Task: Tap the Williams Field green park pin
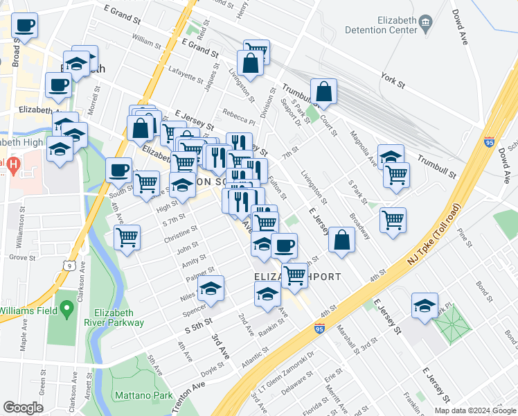click(x=66, y=306)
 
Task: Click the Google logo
click(x=23, y=408)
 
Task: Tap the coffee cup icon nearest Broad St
click(x=24, y=26)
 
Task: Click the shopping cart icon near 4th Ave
click(x=127, y=237)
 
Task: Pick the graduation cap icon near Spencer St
click(x=212, y=288)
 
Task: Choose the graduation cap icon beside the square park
click(x=425, y=305)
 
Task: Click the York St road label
click(x=393, y=81)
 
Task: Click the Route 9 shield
click(x=70, y=264)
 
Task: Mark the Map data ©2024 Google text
click(x=475, y=410)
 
